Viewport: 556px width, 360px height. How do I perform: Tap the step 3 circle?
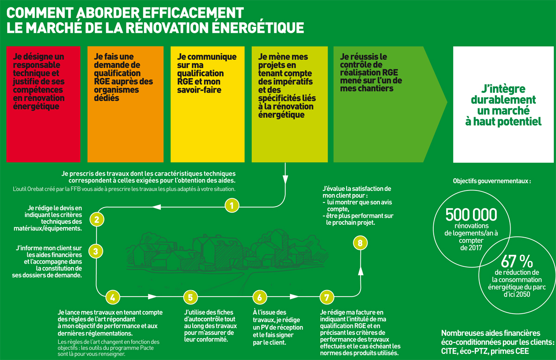tap(95, 251)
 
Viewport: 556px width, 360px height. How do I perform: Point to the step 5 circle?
tap(190, 297)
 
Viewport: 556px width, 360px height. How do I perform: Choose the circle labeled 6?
tap(259, 297)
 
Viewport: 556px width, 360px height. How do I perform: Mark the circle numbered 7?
tap(327, 297)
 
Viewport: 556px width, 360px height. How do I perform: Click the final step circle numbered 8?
tap(360, 242)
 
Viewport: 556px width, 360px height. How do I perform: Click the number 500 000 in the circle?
tap(471, 215)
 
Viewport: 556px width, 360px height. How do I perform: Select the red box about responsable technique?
tap(43, 101)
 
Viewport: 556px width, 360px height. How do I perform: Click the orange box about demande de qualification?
tap(126, 101)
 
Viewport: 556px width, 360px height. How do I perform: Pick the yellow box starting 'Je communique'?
tap(208, 101)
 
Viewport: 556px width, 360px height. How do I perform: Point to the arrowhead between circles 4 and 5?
tap(152, 297)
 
